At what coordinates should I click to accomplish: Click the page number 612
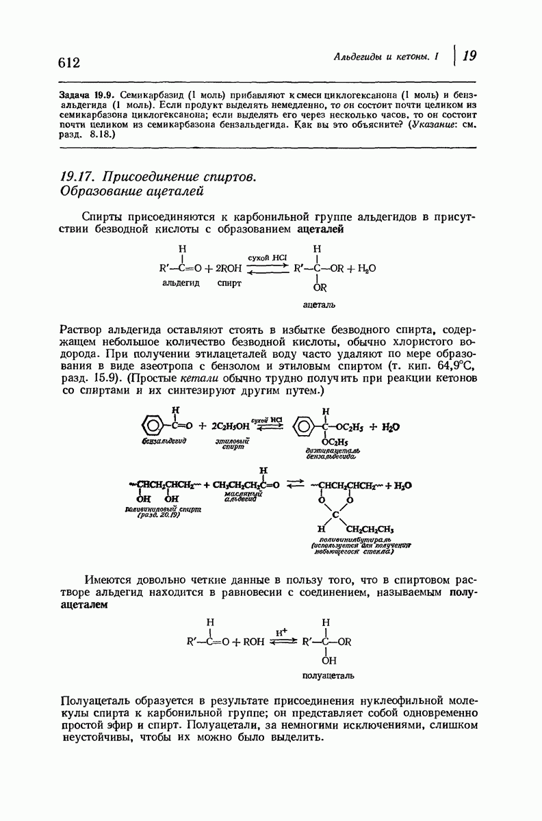click(x=70, y=62)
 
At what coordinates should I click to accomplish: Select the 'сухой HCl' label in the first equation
click(x=267, y=257)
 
